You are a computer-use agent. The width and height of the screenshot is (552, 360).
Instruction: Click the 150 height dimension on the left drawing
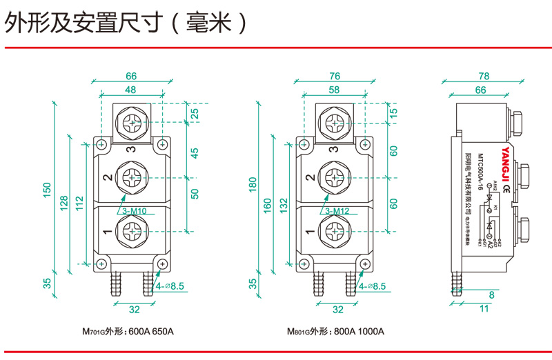point(47,190)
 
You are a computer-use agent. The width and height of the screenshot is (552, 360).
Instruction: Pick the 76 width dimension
point(335,76)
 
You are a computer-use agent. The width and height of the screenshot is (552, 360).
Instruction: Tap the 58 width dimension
point(335,90)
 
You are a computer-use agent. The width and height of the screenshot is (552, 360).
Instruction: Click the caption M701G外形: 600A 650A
point(128,332)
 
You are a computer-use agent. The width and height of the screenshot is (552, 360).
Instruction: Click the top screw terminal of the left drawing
point(132,125)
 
